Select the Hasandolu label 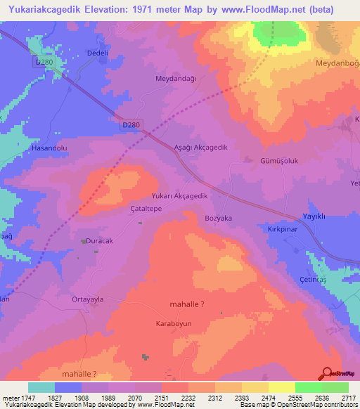(49, 149)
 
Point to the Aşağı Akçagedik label (200, 148)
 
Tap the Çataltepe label (127, 209)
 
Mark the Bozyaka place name (218, 219)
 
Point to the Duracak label (90, 240)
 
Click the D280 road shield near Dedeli (44, 63)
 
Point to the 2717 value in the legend (349, 397)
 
